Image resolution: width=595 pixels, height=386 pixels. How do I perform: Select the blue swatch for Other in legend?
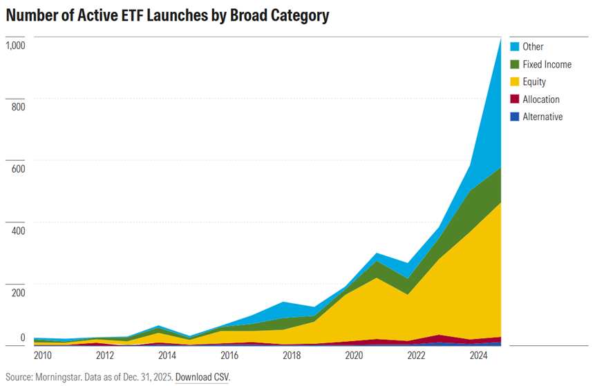pos(514,47)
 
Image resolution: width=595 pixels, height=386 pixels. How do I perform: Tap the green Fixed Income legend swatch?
pos(514,64)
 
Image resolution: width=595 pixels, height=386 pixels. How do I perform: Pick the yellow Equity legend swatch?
pos(514,81)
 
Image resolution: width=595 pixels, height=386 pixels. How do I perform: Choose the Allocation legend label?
pos(541,99)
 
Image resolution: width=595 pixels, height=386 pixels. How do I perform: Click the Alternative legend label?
pos(542,117)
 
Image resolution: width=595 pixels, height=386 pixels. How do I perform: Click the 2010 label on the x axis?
pos(43,356)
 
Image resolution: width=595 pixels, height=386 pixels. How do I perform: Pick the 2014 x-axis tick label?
pos(167,356)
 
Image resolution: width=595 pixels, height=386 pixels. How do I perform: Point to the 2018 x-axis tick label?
pos(292,356)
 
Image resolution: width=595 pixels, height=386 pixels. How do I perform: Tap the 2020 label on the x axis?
pos(354,356)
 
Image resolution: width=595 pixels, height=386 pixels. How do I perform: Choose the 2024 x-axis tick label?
pos(478,356)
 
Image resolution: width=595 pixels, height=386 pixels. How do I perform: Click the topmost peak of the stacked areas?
pos(500,39)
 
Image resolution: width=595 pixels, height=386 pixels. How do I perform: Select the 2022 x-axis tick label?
pos(416,356)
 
